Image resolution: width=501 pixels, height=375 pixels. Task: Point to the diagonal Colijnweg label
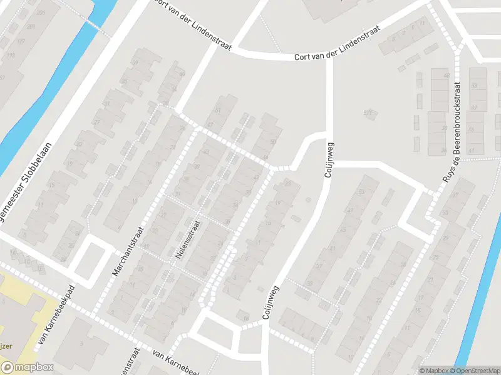272,302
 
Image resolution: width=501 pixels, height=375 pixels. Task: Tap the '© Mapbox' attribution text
433,371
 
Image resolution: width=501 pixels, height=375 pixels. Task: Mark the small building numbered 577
368,113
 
